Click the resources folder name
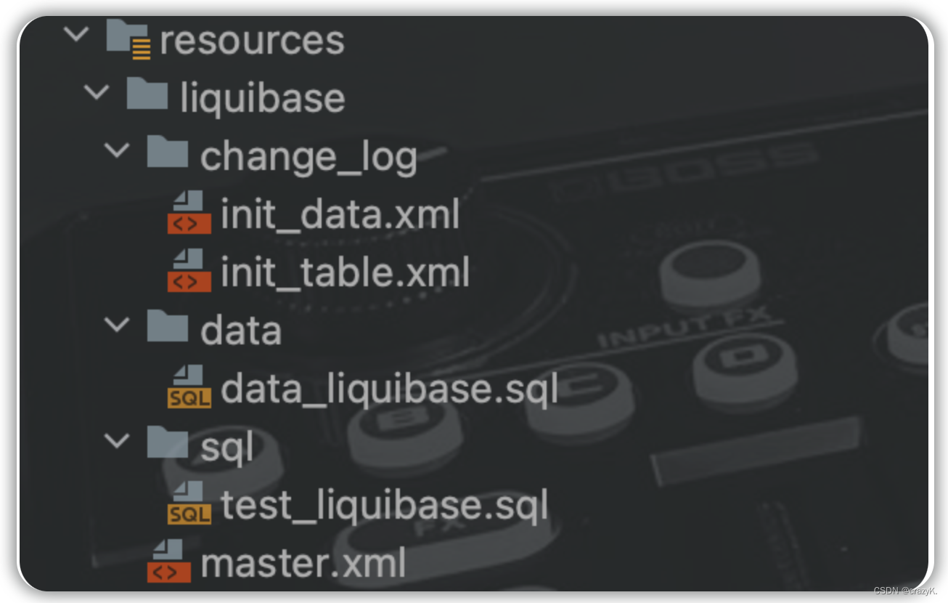point(251,40)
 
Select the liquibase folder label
point(262,98)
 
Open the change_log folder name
point(308,156)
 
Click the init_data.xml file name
point(340,214)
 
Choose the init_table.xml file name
point(345,272)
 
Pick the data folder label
point(240,331)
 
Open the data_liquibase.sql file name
point(389,389)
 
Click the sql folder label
point(226,447)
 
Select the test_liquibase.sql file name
point(384,505)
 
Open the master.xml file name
point(303,563)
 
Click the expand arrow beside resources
point(75,34)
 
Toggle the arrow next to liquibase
point(96,92)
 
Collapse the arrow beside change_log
point(116,150)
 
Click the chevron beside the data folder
point(116,325)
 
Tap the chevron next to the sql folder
point(116,441)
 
